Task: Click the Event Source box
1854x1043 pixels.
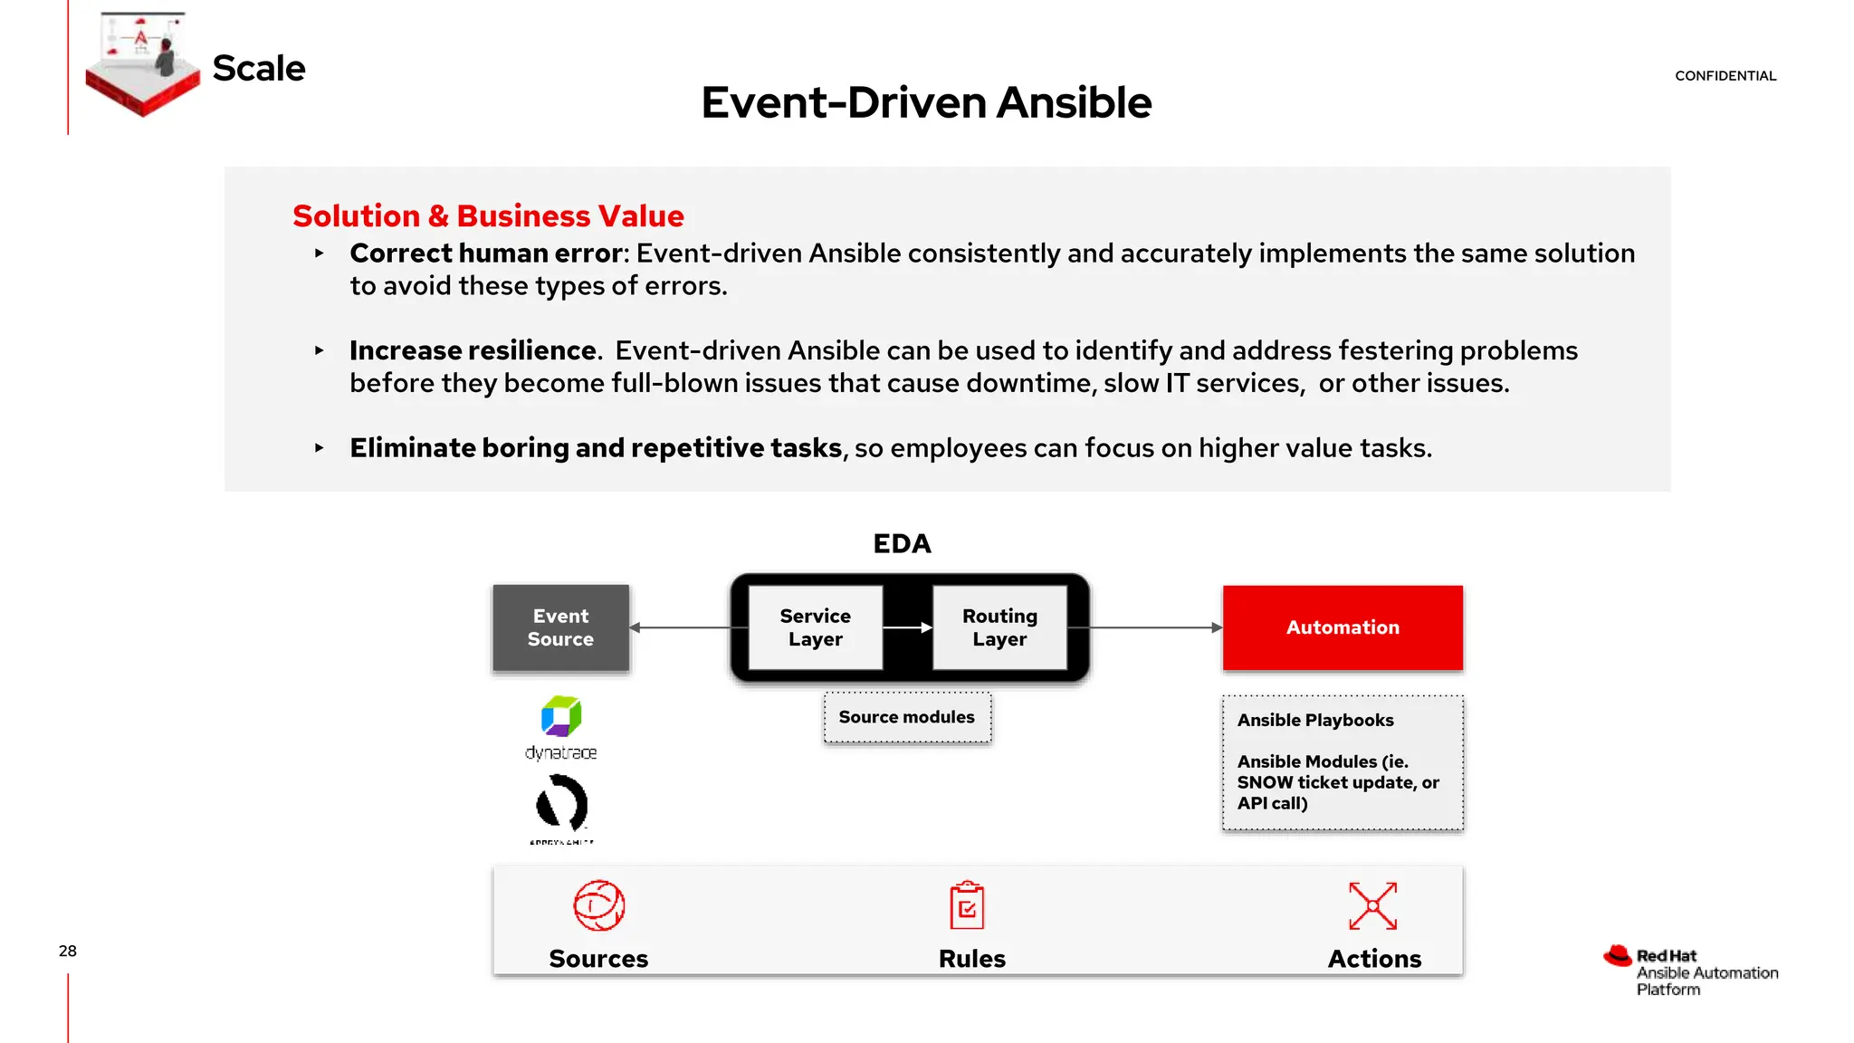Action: (x=560, y=627)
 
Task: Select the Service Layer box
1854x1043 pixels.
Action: (x=815, y=627)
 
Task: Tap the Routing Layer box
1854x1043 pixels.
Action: (x=999, y=627)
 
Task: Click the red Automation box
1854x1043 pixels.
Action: (x=1343, y=627)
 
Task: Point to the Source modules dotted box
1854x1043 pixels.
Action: (x=907, y=717)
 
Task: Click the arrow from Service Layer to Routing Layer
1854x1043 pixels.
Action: (x=907, y=627)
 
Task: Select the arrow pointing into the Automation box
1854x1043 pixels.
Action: (x=1159, y=627)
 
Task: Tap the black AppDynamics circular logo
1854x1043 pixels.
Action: (x=561, y=804)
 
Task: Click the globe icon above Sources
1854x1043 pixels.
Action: (x=599, y=905)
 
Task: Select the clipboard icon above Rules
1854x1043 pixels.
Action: (x=967, y=905)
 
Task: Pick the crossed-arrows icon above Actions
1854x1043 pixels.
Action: (x=1372, y=905)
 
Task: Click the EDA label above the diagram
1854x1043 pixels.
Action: (x=902, y=543)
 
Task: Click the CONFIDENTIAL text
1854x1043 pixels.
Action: (x=1725, y=76)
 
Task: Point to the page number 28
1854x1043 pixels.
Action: (x=68, y=951)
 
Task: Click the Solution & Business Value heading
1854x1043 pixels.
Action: (x=488, y=216)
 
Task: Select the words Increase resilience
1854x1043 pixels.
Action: (x=473, y=350)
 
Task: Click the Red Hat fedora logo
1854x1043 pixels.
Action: (x=1618, y=956)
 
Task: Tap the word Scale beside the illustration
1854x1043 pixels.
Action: (x=259, y=69)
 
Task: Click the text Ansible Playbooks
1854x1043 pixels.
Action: (x=1315, y=721)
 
